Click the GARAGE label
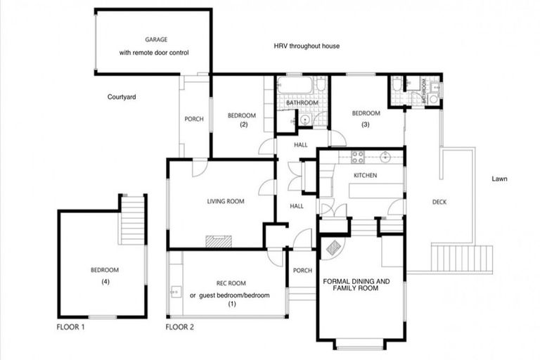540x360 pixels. (156, 40)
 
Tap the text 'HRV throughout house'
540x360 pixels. (307, 46)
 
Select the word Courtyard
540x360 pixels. (122, 97)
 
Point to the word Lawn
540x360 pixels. (500, 179)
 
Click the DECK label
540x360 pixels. (439, 202)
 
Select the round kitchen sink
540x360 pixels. (385, 156)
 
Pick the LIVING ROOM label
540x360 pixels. (226, 202)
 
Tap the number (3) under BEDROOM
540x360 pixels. (366, 124)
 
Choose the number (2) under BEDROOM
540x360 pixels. (244, 125)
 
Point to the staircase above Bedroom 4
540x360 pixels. (132, 219)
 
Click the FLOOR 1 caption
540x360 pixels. (71, 327)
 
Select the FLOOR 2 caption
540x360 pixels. (179, 327)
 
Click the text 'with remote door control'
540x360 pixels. (154, 53)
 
